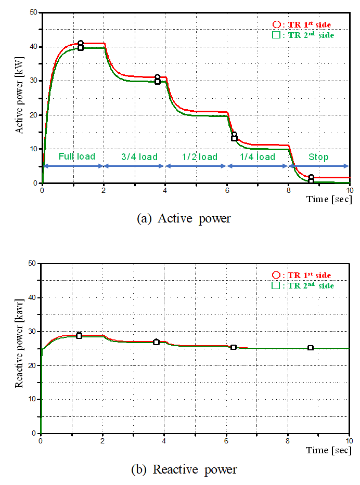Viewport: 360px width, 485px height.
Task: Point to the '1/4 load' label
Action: pos(258,156)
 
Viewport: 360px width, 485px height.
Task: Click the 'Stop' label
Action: pos(318,156)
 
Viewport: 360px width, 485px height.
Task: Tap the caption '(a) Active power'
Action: pos(183,219)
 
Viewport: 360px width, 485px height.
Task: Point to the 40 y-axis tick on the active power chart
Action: pos(33,47)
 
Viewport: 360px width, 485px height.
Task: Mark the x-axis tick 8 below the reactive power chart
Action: pos(288,440)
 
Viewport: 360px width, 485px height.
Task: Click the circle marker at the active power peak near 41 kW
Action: pos(81,44)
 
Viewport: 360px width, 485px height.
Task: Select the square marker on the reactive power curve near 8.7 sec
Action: pos(311,348)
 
